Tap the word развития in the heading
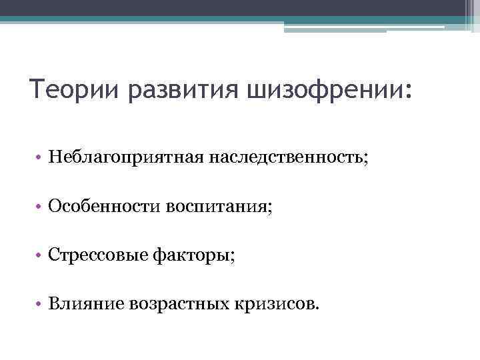tap(182, 89)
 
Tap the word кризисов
tap(275, 305)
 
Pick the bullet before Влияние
tap(41, 305)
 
